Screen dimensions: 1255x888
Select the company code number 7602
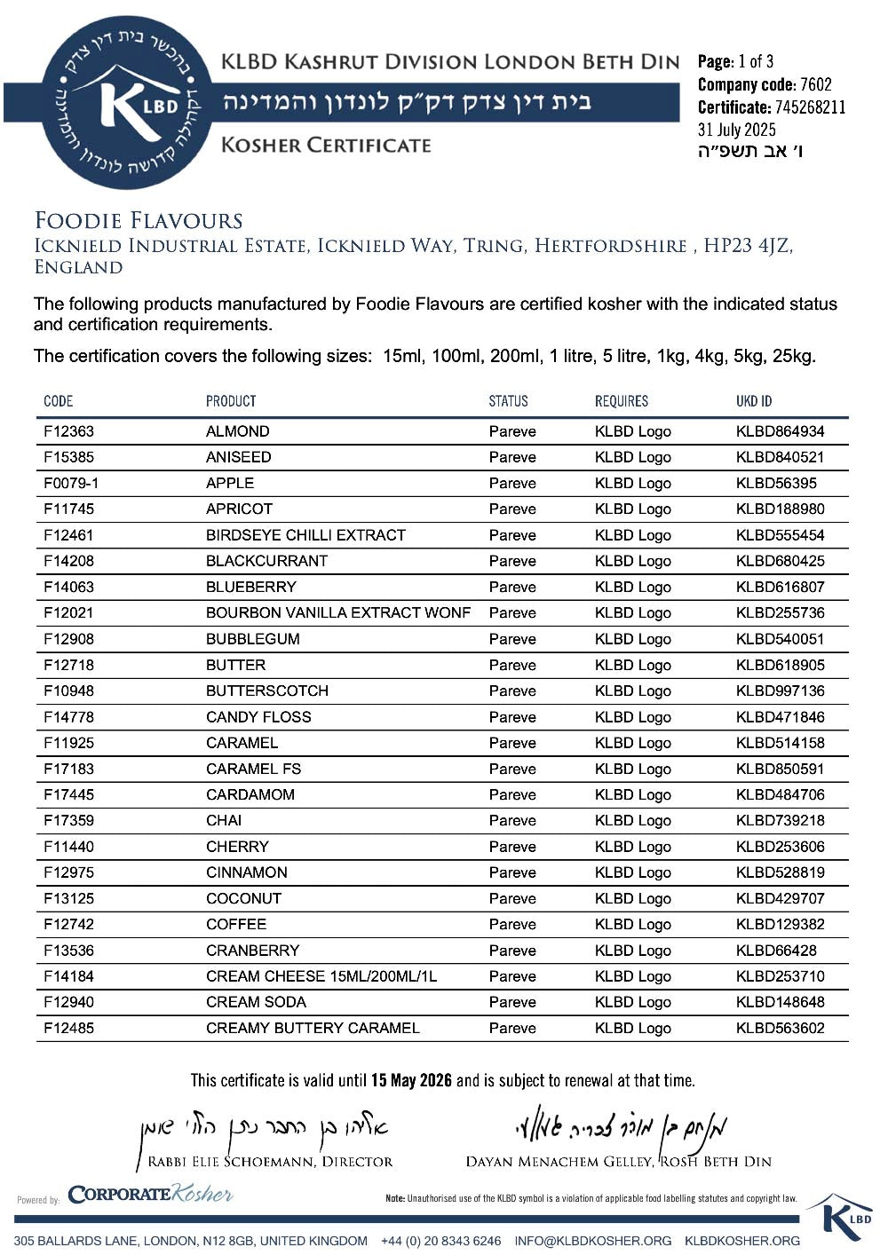point(815,84)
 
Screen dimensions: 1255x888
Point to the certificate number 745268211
point(809,107)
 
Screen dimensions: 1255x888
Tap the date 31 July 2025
point(736,130)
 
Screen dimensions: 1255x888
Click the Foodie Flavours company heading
point(139,221)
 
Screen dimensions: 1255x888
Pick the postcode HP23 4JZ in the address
point(747,246)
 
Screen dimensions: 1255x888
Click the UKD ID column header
point(754,401)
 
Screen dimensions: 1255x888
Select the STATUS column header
point(508,401)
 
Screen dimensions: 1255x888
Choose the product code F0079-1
point(71,483)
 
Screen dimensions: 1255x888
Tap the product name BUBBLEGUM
point(252,639)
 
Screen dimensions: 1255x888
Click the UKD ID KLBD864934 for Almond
point(780,431)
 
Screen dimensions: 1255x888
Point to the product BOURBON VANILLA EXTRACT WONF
point(337,612)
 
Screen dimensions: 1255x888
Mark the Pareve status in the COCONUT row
point(512,898)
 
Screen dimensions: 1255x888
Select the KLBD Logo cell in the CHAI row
point(632,820)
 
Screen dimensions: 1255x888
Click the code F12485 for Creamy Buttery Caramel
point(68,1028)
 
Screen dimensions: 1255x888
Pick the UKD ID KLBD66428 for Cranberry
point(775,950)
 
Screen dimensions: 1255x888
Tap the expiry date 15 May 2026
point(411,1080)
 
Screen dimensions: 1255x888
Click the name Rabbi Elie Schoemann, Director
point(270,1161)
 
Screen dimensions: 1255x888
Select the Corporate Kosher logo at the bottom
point(150,1194)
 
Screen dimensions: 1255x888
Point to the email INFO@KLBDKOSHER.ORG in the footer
point(592,1241)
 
